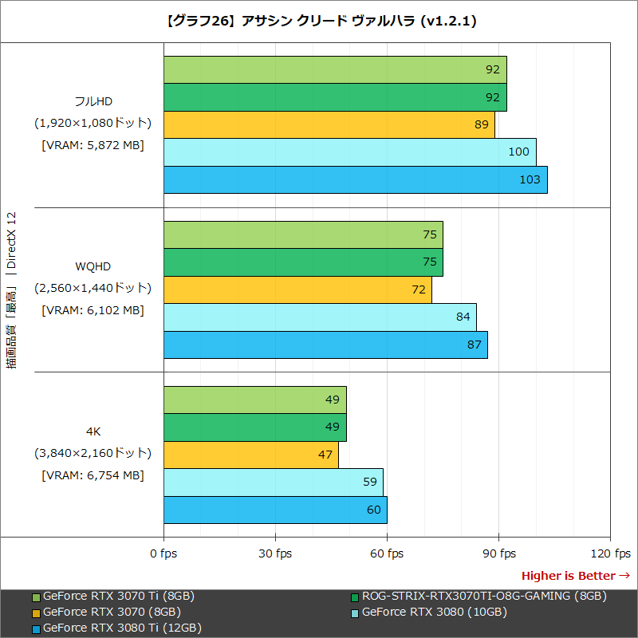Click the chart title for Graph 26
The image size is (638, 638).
[319, 22]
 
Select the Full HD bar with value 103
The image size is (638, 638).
[355, 179]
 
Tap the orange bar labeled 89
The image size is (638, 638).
[329, 124]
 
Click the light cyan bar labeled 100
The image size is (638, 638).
[349, 152]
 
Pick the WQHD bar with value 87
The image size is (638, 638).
[325, 345]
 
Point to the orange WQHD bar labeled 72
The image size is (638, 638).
[297, 289]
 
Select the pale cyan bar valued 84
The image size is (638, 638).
[320, 317]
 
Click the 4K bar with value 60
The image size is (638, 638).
[275, 510]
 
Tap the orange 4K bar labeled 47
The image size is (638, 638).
[251, 455]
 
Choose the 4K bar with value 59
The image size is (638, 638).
[273, 482]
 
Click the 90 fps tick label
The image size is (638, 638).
[498, 553]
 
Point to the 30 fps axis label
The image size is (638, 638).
[275, 553]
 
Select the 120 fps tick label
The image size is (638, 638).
[610, 553]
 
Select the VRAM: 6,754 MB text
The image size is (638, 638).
[93, 475]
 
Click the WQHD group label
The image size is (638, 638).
[93, 266]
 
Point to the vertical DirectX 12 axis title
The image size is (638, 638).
[11, 291]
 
